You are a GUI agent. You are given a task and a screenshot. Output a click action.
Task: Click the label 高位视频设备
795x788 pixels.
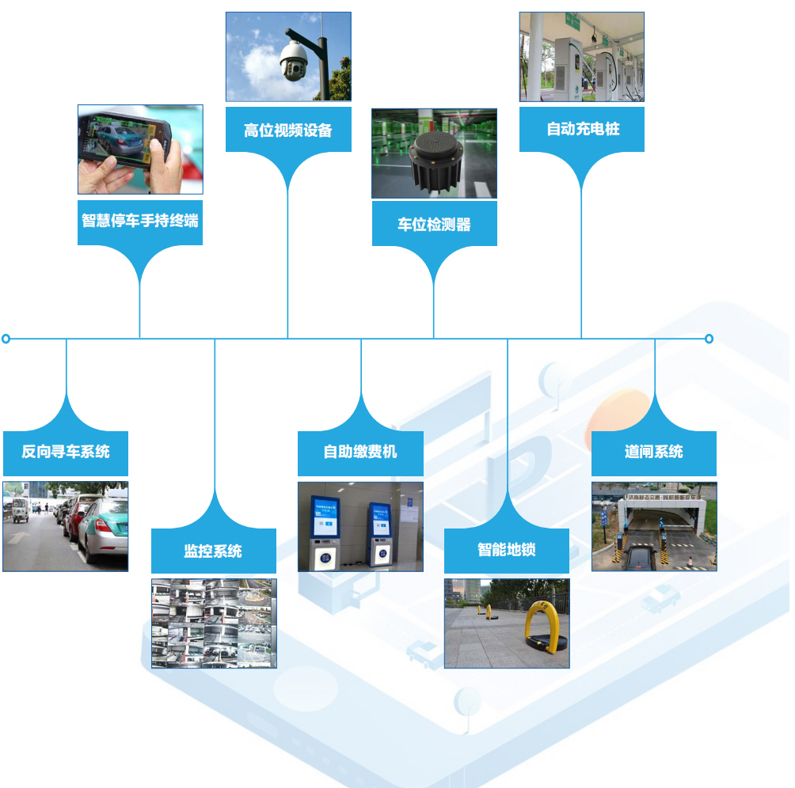[x=287, y=130]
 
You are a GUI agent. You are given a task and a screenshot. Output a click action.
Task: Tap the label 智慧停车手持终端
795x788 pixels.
[x=140, y=221]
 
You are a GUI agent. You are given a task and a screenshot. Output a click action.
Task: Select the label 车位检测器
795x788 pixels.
[x=434, y=224]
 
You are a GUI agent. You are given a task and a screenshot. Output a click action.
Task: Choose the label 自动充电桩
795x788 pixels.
[x=582, y=129]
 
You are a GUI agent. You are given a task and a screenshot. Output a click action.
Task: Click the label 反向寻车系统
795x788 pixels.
[x=66, y=453]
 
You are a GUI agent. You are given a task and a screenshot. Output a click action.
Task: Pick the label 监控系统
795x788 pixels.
[x=214, y=551]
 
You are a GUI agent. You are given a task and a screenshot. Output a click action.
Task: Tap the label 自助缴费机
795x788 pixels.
[x=360, y=453]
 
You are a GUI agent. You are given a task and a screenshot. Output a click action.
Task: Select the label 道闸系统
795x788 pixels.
[x=654, y=453]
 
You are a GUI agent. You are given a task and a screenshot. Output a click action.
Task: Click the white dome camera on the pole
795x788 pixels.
[x=293, y=59]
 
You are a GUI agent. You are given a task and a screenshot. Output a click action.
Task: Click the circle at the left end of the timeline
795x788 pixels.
[x=6, y=339]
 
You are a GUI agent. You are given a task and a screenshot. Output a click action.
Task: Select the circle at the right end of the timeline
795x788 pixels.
[x=709, y=339]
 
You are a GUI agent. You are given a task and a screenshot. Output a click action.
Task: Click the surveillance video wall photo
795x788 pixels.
[x=214, y=623]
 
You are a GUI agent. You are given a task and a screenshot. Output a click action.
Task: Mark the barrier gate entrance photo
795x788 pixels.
[x=654, y=526]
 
